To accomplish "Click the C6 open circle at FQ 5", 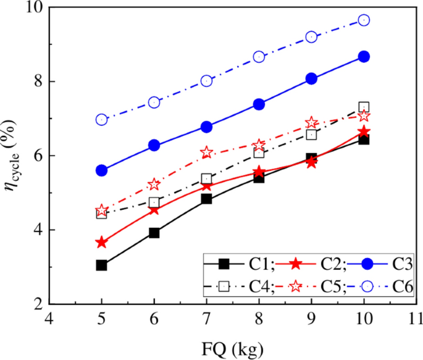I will (x=102, y=119).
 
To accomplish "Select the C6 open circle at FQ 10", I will (x=364, y=20).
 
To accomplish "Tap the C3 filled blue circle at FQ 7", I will (x=207, y=127).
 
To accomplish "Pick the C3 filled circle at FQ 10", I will (x=364, y=56).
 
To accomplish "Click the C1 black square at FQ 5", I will (x=102, y=266).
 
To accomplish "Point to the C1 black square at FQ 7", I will (x=207, y=199).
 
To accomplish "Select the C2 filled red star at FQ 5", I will (x=102, y=242).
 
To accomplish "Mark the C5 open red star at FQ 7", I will (x=207, y=153).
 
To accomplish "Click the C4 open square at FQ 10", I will (x=364, y=107).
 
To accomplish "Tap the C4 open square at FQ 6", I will (x=154, y=202).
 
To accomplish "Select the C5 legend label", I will (x=330, y=287).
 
